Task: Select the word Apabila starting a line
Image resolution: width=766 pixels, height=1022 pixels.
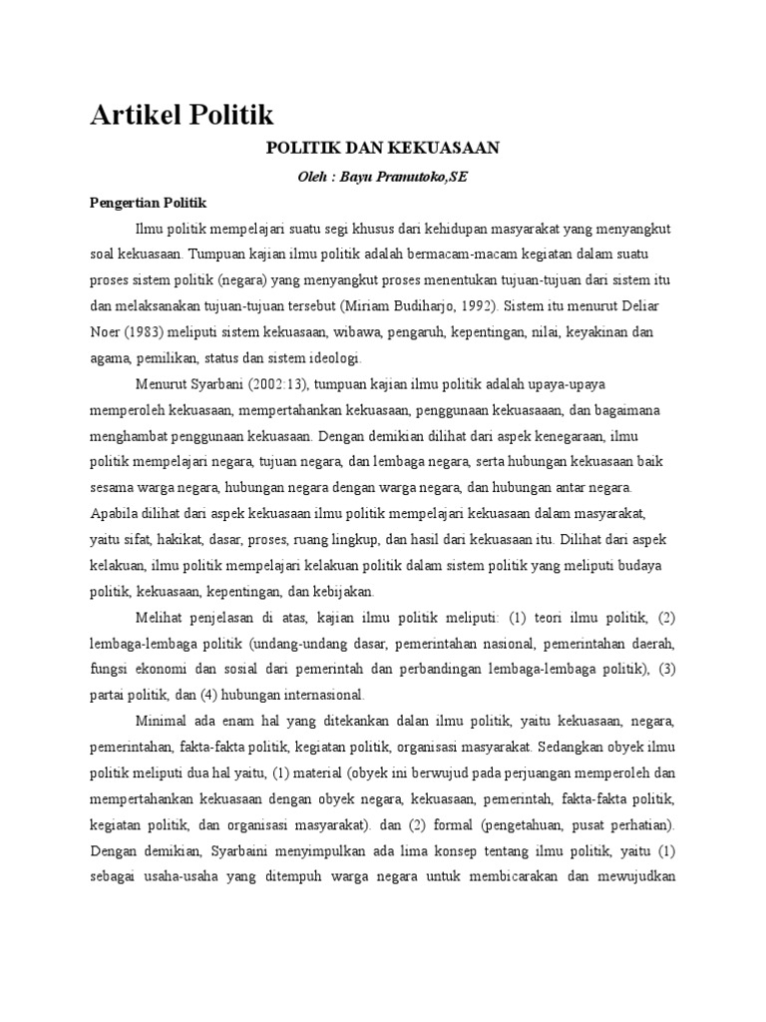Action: point(114,514)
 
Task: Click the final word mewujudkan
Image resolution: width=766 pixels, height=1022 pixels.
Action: point(638,877)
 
